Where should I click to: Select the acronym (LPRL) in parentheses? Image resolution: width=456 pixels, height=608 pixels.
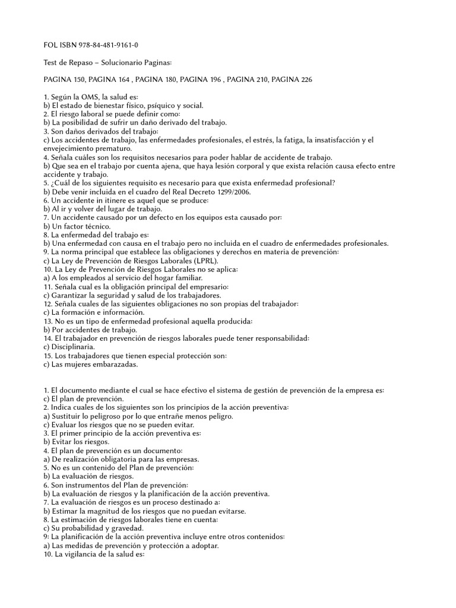tap(203, 261)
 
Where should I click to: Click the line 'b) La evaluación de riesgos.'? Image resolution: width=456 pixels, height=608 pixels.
tap(93, 476)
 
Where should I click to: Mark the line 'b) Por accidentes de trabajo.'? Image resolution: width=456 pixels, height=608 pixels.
tap(91, 330)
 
